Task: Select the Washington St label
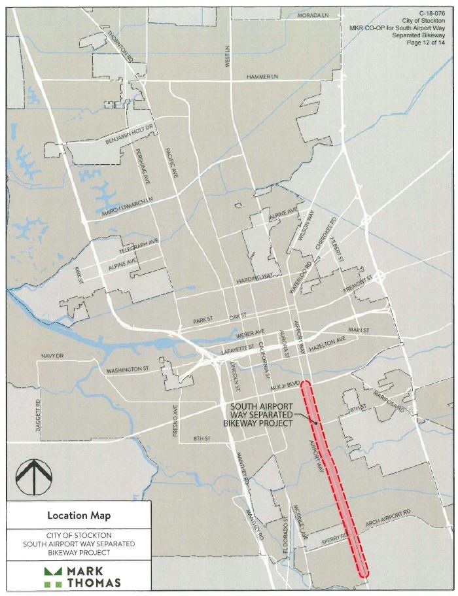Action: click(x=128, y=369)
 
